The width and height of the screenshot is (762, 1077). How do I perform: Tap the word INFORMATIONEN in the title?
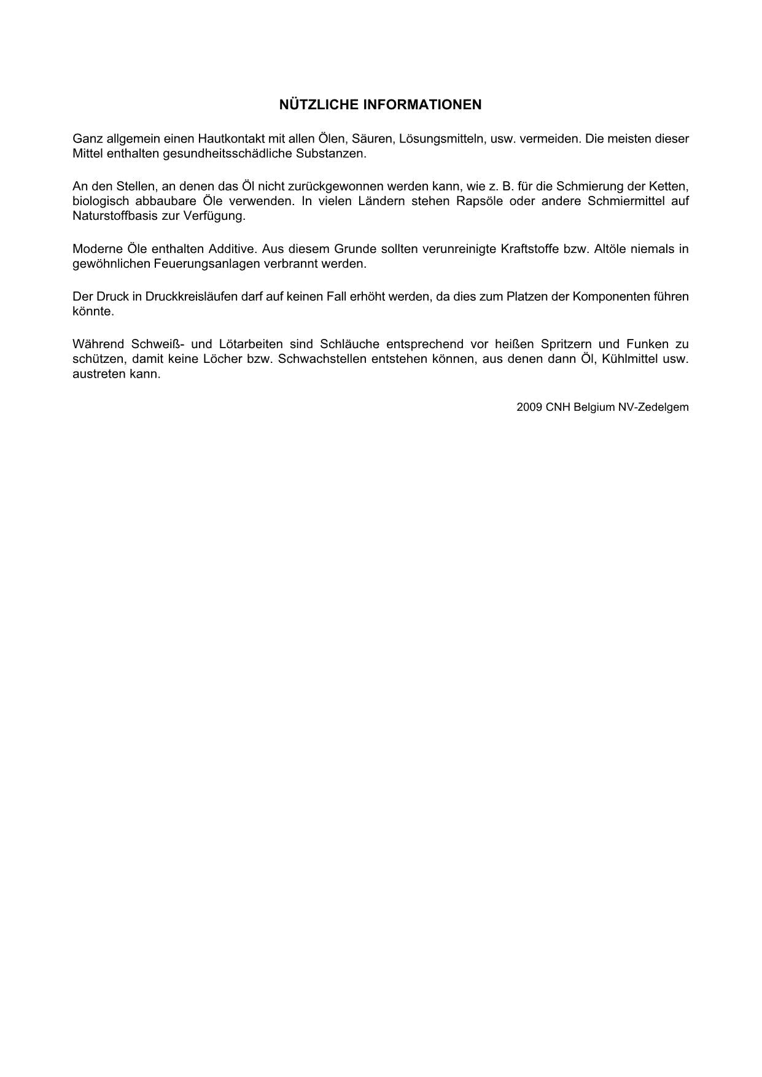pyautogui.click(x=422, y=105)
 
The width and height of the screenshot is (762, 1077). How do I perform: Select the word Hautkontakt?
pyautogui.click(x=231, y=139)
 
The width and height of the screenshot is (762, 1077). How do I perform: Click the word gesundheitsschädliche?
pyautogui.click(x=227, y=154)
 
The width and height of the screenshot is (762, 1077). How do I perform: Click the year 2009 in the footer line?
pyautogui.click(x=529, y=407)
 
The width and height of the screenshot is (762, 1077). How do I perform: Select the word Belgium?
pyautogui.click(x=594, y=407)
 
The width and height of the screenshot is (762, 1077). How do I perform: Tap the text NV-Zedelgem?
pyautogui.click(x=653, y=407)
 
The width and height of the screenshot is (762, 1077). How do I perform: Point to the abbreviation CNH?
pyautogui.click(x=558, y=407)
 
